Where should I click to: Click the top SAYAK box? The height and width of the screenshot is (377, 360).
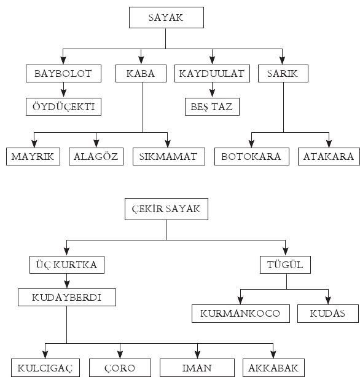pyautogui.click(x=166, y=18)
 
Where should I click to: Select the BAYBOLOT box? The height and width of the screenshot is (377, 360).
pyautogui.click(x=63, y=73)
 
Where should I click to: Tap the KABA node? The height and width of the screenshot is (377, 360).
pyautogui.click(x=141, y=73)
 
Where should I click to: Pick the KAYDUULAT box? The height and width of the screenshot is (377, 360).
pyautogui.click(x=212, y=73)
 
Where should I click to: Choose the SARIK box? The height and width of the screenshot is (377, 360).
pyautogui.click(x=283, y=73)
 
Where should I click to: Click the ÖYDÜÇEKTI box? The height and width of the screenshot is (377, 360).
pyautogui.click(x=63, y=106)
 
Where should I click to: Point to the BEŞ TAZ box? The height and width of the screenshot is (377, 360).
pyautogui.click(x=212, y=106)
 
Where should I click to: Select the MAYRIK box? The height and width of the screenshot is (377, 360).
pyautogui.click(x=33, y=157)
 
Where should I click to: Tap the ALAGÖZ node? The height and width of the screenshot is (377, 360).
pyautogui.click(x=96, y=157)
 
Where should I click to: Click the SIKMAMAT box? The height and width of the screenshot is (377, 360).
pyautogui.click(x=169, y=157)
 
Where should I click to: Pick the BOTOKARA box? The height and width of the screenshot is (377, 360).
pyautogui.click(x=252, y=157)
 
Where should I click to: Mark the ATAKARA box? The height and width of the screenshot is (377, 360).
pyautogui.click(x=329, y=157)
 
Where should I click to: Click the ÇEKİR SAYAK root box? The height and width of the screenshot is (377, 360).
pyautogui.click(x=166, y=209)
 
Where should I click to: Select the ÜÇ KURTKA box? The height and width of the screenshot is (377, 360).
pyautogui.click(x=67, y=264)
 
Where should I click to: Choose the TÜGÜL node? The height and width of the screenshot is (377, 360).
pyautogui.click(x=285, y=264)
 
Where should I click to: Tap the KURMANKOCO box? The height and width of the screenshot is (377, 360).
pyautogui.click(x=241, y=314)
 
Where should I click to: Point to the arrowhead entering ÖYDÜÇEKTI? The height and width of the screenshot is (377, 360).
pyautogui.click(x=63, y=93)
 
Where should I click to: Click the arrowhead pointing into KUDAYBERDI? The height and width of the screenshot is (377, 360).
pyautogui.click(x=67, y=284)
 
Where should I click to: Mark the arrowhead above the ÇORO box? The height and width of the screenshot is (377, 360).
pyautogui.click(x=120, y=354)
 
